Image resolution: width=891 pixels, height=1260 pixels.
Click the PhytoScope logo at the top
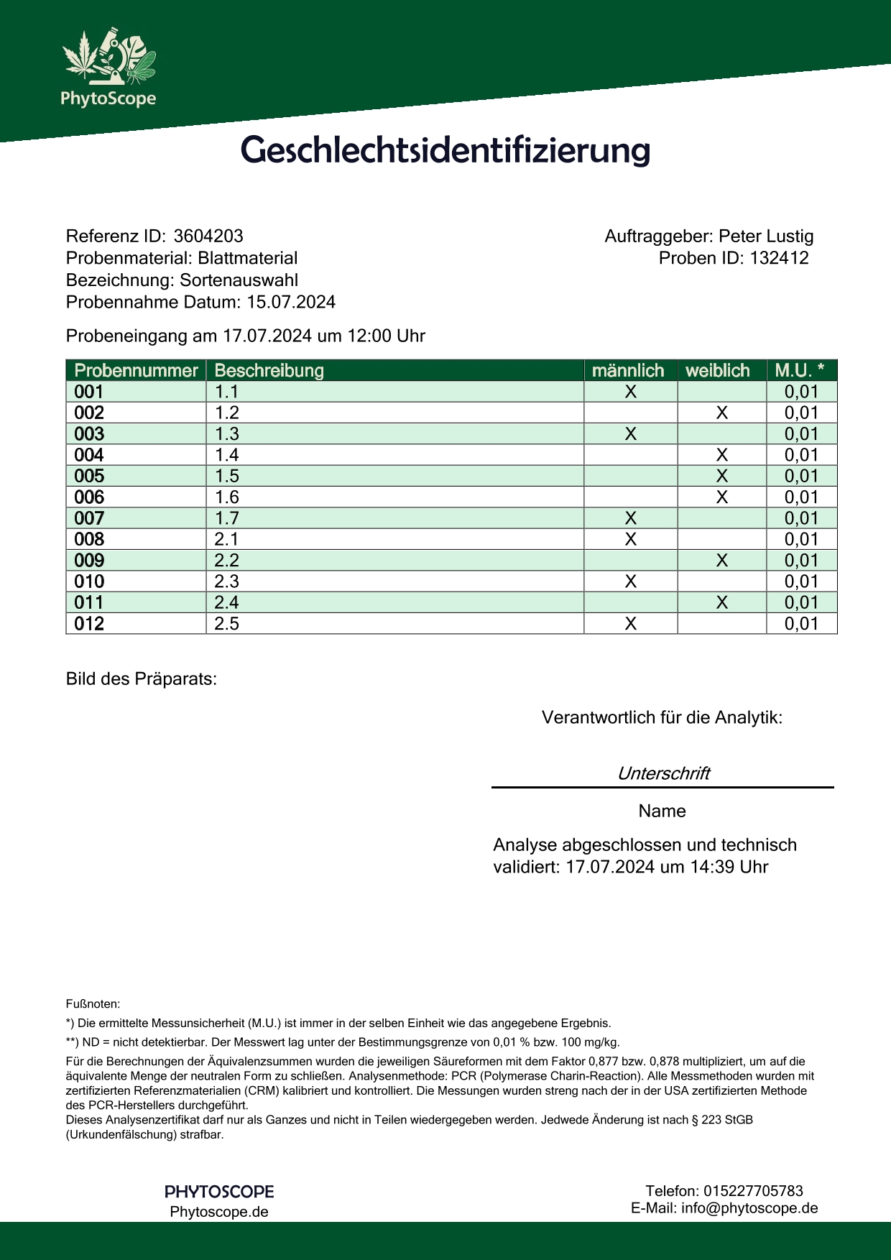pos(109,68)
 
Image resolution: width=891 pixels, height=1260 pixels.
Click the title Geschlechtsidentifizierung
pos(445,150)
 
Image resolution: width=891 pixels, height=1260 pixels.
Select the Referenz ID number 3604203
pos(208,236)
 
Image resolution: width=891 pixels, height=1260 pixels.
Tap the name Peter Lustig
pos(766,236)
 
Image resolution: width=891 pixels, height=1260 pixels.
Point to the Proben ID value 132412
pos(780,258)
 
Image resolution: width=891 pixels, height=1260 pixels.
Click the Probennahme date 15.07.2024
pos(291,302)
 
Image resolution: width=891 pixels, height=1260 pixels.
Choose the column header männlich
pos(628,371)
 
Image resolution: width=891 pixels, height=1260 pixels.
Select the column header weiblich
pos(717,371)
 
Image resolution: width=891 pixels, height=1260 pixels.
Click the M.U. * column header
pos(800,371)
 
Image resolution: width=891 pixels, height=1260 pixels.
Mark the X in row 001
pos(631,392)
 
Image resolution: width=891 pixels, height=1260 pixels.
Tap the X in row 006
pos(722,497)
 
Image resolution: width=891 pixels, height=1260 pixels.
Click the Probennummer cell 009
pos(89,561)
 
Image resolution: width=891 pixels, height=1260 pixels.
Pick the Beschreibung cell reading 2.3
pos(227,581)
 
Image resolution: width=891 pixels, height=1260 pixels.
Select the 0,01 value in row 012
pos(801,624)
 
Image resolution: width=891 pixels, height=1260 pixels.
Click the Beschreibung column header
pos(269,371)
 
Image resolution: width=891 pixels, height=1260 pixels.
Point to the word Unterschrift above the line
pos(663,773)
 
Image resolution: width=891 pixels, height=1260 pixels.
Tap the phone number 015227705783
pos(753,1191)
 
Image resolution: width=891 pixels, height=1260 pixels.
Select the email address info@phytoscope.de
pos(749,1208)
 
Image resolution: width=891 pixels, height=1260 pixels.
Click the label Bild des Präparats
pos(141,679)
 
